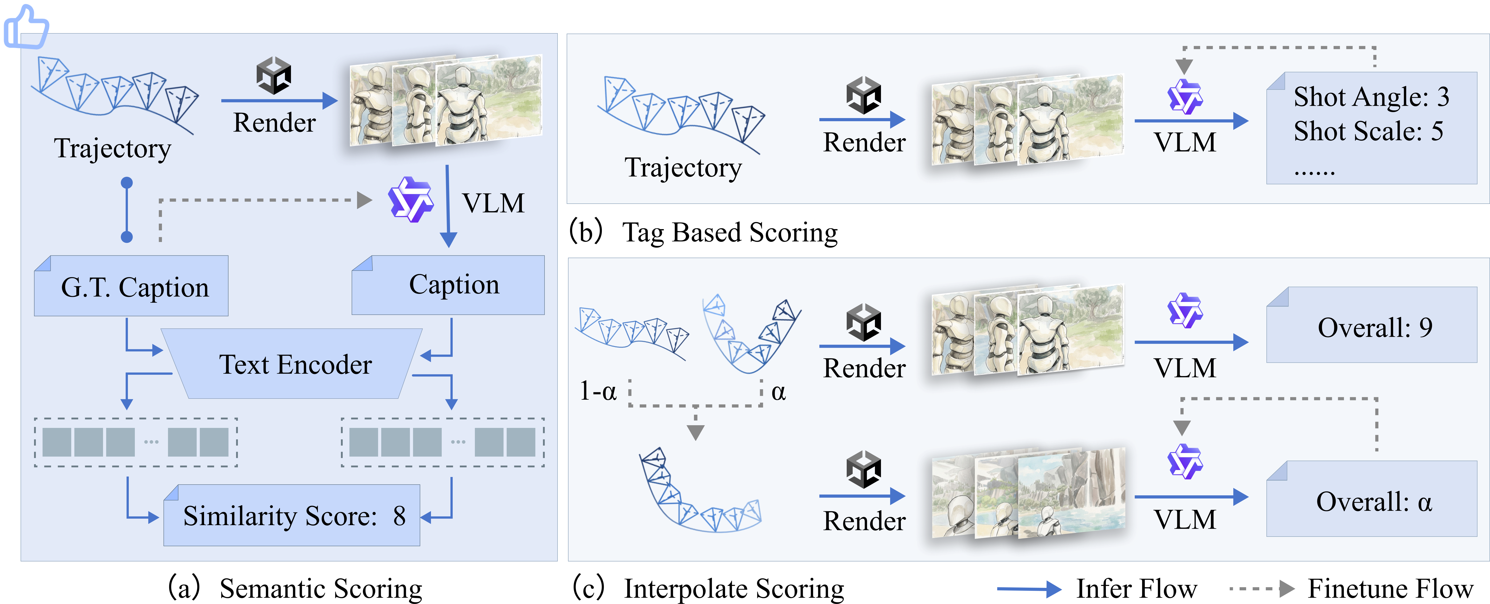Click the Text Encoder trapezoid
tap(295, 365)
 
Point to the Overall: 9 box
tap(1372, 327)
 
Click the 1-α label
tap(598, 392)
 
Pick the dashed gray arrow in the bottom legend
tap(1261, 589)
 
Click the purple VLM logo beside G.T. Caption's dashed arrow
tap(411, 200)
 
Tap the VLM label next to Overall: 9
tap(1185, 368)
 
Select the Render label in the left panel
tap(274, 123)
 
